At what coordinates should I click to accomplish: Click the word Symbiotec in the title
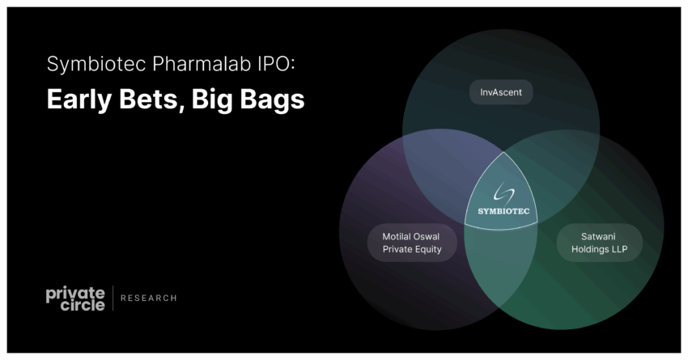coord(96,64)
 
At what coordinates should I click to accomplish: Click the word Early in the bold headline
coord(79,100)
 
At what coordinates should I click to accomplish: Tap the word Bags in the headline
coord(272,100)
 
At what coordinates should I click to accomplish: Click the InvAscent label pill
coord(501,92)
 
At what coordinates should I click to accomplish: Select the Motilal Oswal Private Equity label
coord(412,243)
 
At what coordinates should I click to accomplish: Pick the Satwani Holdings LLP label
coord(599,243)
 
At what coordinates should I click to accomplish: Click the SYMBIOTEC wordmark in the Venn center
coord(503,211)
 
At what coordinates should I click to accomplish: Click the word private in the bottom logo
coord(75,294)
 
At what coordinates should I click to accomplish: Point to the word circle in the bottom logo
coord(83,304)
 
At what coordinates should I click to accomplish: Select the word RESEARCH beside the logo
coord(149,299)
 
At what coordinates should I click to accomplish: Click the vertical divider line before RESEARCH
coord(113,299)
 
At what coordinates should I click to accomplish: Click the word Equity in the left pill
coord(430,249)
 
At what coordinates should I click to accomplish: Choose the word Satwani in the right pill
coord(598,237)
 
